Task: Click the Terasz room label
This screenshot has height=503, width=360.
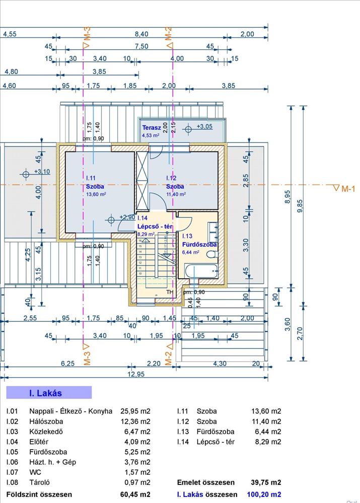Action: [x=151, y=128]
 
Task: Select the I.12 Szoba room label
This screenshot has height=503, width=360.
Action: [x=175, y=186]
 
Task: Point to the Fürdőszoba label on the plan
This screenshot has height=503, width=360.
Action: [x=199, y=244]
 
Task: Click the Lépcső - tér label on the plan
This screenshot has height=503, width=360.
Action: [x=155, y=226]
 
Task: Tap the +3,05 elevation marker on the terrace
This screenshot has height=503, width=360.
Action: [x=204, y=127]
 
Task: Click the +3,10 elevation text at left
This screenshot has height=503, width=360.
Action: [x=42, y=172]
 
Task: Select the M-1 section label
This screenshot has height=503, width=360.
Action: [x=348, y=189]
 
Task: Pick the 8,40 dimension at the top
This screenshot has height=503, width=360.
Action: [x=141, y=34]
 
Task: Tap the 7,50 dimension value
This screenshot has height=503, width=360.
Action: [x=141, y=46]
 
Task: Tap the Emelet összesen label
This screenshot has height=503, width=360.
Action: [x=205, y=482]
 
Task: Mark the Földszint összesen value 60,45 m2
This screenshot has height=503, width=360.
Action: [x=137, y=494]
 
